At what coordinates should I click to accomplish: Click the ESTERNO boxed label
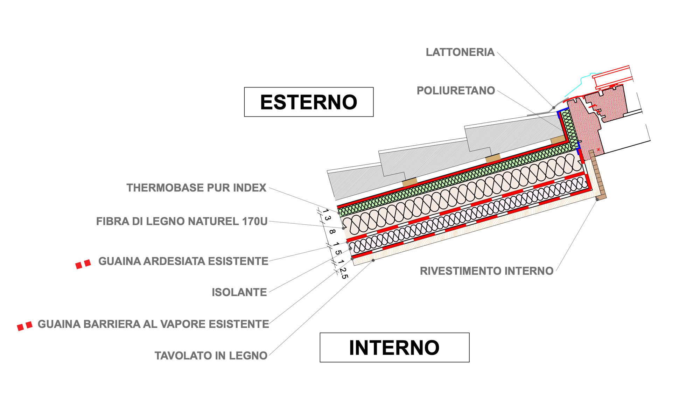309,102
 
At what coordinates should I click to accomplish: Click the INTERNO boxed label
394,348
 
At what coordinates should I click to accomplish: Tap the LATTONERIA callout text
460,52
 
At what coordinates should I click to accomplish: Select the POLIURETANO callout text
456,91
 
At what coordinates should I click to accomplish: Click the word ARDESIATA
183,261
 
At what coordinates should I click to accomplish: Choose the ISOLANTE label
239,292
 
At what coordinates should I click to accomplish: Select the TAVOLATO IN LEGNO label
211,356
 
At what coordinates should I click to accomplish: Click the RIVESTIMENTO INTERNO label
486,271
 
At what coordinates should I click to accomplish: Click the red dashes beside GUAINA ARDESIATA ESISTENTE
83,264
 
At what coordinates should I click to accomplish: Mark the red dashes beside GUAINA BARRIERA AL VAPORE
25,326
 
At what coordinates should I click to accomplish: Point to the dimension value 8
332,231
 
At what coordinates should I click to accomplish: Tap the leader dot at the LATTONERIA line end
554,107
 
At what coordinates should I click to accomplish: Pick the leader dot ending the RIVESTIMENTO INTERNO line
597,199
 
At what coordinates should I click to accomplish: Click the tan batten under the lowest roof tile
409,182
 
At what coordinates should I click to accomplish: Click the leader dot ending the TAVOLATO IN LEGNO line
373,260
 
